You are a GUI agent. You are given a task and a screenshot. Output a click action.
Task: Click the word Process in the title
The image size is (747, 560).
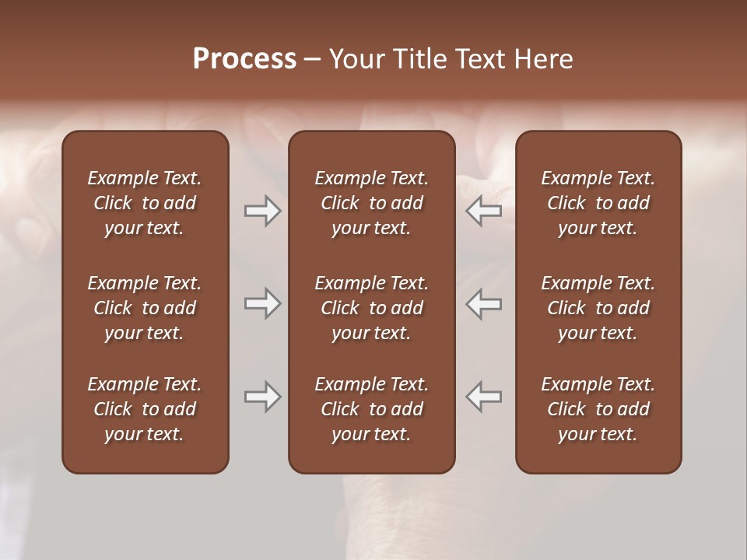(244, 58)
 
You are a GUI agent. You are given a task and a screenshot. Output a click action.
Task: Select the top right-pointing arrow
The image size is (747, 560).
(262, 211)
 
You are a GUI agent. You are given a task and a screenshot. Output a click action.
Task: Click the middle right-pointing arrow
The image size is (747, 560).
(262, 303)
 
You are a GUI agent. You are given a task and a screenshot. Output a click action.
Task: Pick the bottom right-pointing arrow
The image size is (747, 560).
(262, 397)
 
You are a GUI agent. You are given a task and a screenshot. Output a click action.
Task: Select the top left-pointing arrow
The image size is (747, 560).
(484, 211)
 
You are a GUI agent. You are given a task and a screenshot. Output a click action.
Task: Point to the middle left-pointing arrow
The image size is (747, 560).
(484, 303)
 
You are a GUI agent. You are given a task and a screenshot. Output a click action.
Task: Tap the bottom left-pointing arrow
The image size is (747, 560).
(484, 397)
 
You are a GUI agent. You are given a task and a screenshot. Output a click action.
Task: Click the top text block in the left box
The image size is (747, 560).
(145, 203)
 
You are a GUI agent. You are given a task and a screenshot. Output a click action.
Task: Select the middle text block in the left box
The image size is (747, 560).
(145, 308)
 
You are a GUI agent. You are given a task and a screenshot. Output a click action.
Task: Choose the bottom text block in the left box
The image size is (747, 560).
(145, 409)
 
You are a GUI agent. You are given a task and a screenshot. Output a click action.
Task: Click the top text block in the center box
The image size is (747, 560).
(371, 203)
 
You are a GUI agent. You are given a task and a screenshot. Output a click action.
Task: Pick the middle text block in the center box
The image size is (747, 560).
(371, 308)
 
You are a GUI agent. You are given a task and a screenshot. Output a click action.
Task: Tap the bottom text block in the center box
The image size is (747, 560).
(371, 409)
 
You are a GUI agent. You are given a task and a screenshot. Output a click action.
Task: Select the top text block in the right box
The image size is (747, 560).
(598, 203)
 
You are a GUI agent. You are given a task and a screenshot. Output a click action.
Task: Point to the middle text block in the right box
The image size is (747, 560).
(598, 308)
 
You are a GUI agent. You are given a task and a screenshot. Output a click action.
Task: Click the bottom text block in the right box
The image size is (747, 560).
(598, 409)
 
